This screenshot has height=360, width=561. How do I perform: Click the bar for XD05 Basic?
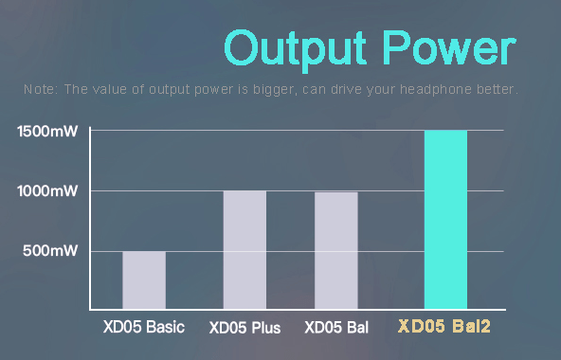click(144, 279)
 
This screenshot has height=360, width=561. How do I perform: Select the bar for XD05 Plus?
click(244, 249)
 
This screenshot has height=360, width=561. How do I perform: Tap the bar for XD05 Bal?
click(336, 250)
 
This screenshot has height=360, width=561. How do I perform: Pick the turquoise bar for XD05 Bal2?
click(445, 220)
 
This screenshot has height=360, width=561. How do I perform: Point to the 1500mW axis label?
click(47, 131)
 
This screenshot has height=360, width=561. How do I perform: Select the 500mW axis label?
click(51, 251)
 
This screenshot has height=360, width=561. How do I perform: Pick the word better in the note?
click(497, 90)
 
